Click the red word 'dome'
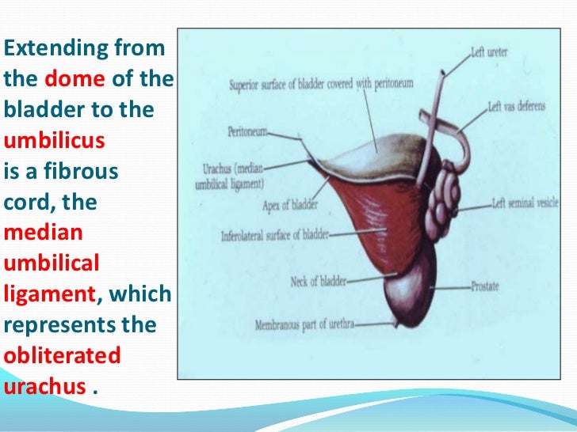point(80,79)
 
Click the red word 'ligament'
point(49,295)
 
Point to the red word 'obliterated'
point(62,356)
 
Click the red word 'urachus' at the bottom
point(44,387)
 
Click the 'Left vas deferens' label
point(516,106)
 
